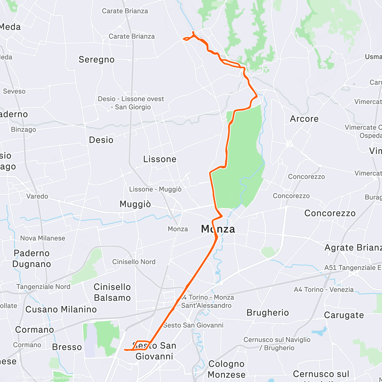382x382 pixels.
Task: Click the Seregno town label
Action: click(96, 60)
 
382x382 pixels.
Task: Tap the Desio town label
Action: click(101, 140)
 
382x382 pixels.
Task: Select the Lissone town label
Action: click(159, 159)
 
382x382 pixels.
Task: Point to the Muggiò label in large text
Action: click(135, 204)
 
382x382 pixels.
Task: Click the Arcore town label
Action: click(304, 119)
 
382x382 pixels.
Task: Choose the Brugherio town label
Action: click(268, 313)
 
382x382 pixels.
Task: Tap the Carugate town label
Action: click(344, 315)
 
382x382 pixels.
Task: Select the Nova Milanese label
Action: click(43, 238)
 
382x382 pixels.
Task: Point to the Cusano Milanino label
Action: click(61, 309)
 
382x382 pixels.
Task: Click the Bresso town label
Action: click(67, 347)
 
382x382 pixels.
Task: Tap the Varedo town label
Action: click(37, 196)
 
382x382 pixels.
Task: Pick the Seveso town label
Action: click(14, 91)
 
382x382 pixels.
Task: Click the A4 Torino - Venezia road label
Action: click(324, 289)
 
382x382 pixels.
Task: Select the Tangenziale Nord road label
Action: click(43, 287)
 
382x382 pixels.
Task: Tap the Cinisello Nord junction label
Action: click(134, 262)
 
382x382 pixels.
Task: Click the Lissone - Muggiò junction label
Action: click(155, 189)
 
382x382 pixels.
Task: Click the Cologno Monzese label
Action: click(227, 369)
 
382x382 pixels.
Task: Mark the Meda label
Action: click(10, 27)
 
